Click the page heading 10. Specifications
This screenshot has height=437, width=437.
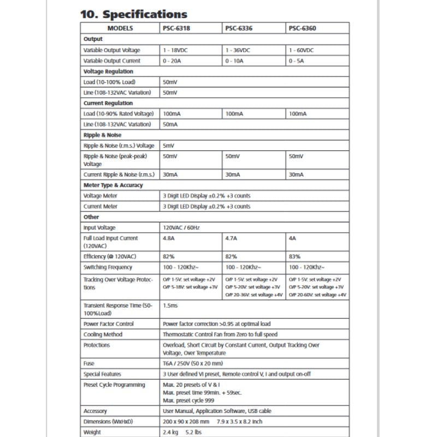pos(134,14)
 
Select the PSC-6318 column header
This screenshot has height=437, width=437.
pos(176,28)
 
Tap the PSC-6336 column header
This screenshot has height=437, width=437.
pos(239,28)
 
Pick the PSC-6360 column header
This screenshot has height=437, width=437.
pos(302,28)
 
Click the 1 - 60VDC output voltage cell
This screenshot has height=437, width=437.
pos(302,50)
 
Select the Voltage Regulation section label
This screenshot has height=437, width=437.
pos(108,72)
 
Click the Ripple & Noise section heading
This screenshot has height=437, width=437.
pos(102,135)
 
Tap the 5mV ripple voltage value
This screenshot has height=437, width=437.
pos(169,146)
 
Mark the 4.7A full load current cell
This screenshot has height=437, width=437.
pos(231,238)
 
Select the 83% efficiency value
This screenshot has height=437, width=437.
pos(294,256)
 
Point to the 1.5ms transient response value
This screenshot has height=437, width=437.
pos(170,306)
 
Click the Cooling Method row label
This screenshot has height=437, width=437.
pos(103,334)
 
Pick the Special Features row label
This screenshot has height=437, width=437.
pos(102,374)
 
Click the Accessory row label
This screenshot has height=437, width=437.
pos(95,411)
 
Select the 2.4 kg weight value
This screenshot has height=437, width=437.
pos(172,433)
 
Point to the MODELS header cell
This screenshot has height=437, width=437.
pos(120,28)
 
